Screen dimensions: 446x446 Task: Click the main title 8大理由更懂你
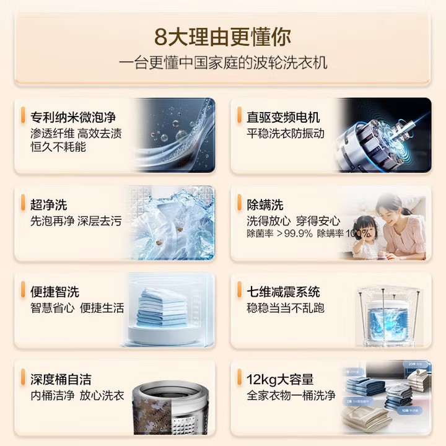223,35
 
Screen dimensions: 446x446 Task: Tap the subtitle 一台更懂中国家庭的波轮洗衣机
223,63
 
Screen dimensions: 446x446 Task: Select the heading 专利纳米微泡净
73,116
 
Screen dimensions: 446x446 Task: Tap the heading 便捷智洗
55,292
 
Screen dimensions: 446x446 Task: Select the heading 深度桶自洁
61,379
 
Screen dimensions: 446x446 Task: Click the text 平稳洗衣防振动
286,133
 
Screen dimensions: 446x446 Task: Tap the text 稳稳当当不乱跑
286,308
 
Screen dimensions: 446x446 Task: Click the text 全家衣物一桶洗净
291,395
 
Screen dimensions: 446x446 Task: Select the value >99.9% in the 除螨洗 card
294,234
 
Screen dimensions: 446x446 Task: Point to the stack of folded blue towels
162,307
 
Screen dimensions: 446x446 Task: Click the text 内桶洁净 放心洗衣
77,395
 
